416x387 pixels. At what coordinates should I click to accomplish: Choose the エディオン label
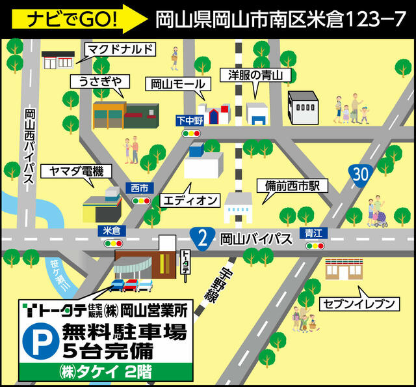(191, 199)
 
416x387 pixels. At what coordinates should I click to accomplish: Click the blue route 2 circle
(203, 239)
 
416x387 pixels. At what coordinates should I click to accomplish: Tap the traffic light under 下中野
(190, 133)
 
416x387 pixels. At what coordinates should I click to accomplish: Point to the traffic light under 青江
(315, 246)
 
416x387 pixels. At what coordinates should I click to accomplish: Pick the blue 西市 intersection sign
(140, 188)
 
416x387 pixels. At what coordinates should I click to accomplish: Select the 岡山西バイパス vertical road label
(29, 147)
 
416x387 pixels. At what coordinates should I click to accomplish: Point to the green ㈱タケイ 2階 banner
(107, 372)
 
